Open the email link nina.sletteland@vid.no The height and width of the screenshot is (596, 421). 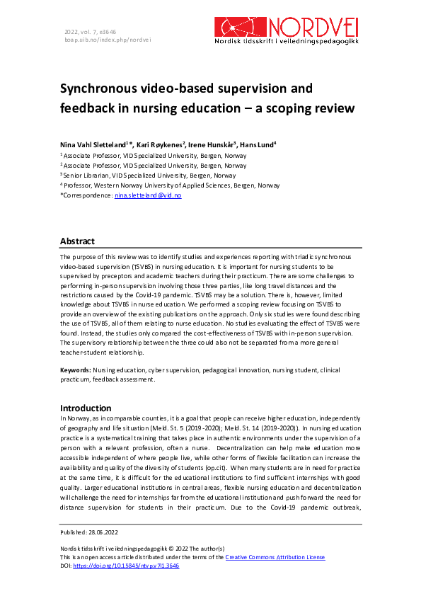(x=148, y=195)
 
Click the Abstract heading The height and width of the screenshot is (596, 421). (x=77, y=241)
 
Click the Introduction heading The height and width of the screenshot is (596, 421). (x=86, y=408)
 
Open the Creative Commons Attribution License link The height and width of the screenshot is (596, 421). (x=275, y=557)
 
